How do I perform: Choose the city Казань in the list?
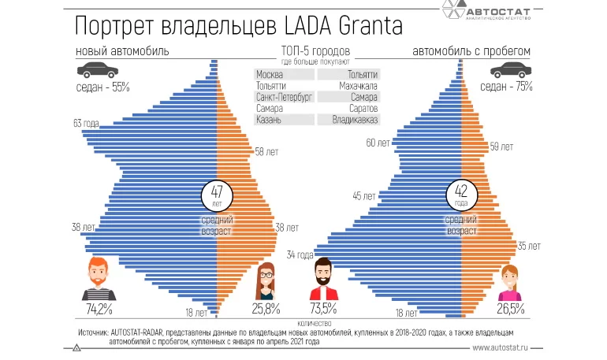(269, 120)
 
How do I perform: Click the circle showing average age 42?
(461, 193)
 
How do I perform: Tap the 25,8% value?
(266, 308)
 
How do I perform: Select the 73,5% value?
(323, 308)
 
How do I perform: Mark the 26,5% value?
(512, 308)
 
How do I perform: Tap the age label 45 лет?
(364, 195)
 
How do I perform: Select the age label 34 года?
(300, 254)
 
